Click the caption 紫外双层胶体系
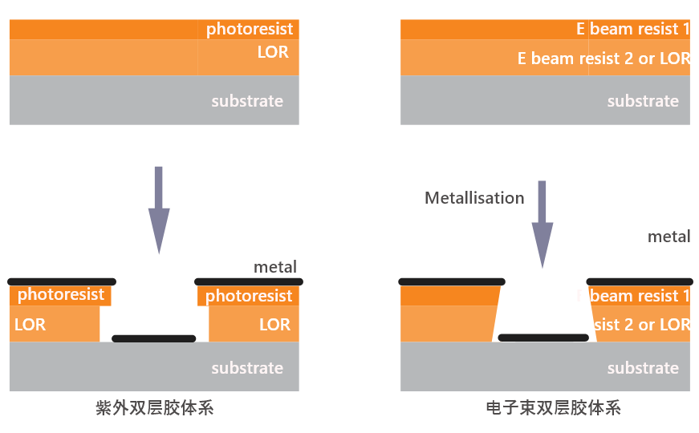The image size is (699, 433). [x=154, y=408]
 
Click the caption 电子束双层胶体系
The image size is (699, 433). [x=553, y=408]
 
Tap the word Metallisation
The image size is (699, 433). [x=474, y=198]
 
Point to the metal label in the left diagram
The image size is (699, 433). [x=275, y=267]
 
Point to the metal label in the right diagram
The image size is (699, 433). [x=669, y=237]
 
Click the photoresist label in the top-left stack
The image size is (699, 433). [x=250, y=30]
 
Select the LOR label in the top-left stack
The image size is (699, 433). [x=273, y=53]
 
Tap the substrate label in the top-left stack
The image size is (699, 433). [x=247, y=101]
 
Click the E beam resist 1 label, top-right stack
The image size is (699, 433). [x=633, y=30]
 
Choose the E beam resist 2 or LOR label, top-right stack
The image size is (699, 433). [x=604, y=59]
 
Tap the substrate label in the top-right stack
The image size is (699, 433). [x=643, y=101]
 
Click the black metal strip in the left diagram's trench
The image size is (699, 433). [x=153, y=338]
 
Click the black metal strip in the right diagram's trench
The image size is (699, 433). [x=544, y=338]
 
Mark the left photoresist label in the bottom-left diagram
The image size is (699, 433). [x=61, y=294]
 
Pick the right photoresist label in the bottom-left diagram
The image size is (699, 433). [x=249, y=296]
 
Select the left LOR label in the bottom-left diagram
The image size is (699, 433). [x=30, y=325]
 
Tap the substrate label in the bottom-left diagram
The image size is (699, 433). [x=247, y=368]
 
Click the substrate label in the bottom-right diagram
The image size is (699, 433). [x=643, y=368]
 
